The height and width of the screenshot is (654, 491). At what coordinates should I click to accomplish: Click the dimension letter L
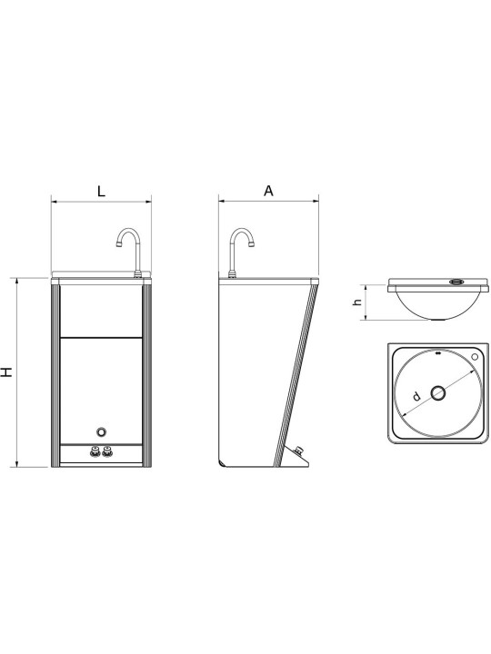pyautogui.click(x=101, y=192)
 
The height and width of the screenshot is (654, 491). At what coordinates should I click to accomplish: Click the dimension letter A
pyautogui.click(x=268, y=191)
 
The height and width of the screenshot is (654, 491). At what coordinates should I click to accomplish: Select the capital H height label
pyautogui.click(x=6, y=372)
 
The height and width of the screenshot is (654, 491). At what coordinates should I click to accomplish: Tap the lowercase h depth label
pyautogui.click(x=357, y=302)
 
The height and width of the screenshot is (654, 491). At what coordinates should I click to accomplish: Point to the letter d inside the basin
pyautogui.click(x=416, y=396)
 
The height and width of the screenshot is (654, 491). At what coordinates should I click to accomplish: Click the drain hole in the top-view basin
pyautogui.click(x=438, y=393)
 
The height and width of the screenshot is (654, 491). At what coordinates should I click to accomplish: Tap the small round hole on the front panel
pyautogui.click(x=101, y=432)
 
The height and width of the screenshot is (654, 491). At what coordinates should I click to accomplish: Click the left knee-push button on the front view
pyautogui.click(x=95, y=451)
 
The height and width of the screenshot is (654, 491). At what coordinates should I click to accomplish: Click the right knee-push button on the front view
pyautogui.click(x=107, y=451)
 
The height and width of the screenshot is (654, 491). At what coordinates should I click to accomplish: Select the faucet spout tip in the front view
pyautogui.click(x=118, y=243)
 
